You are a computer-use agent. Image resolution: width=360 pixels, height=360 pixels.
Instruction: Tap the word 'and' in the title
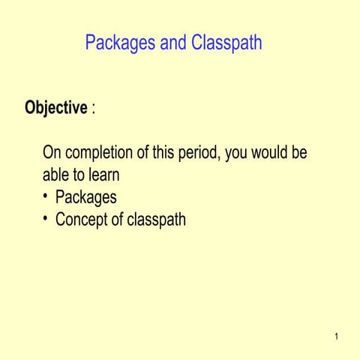pos(173,43)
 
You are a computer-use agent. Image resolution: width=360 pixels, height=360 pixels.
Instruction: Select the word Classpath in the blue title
pos(226,43)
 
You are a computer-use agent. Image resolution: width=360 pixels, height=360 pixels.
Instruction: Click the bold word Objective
pos(56,108)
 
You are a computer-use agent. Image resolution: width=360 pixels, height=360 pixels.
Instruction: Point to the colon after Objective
pos(93,109)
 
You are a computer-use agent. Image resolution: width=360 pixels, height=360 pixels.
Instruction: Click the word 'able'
pos(57,175)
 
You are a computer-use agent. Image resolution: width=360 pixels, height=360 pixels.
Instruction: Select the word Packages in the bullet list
pos(86,197)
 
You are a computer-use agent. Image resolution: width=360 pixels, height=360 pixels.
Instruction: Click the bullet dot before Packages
pos(46,196)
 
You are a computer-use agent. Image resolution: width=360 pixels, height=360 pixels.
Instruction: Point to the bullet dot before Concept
pos(46,219)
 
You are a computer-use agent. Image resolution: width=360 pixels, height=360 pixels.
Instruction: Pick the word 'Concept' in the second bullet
pos(85,220)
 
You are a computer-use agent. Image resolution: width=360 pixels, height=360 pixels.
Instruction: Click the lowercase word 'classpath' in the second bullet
pos(156,220)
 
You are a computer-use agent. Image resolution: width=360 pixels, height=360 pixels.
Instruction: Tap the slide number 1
pos(337,336)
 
